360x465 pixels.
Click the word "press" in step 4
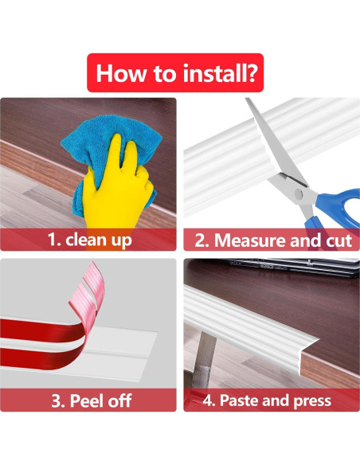pos(311,400)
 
